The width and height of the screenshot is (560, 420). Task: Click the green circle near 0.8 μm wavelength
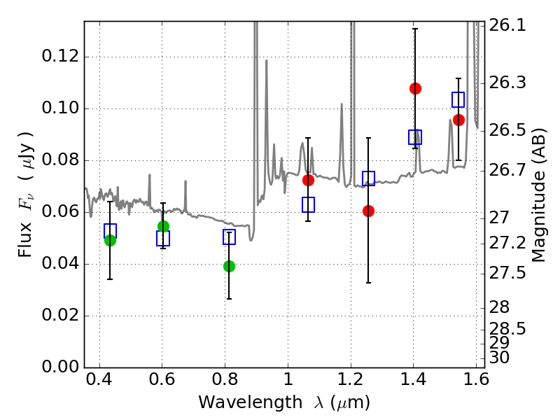coord(229,266)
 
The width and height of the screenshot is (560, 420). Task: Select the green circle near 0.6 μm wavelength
coord(163,226)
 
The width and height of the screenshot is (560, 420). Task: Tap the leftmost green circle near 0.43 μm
coord(110,240)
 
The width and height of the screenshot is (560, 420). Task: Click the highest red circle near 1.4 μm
coord(415,88)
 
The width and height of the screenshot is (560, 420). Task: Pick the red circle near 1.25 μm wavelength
coord(368,211)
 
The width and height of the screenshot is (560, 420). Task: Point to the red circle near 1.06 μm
coord(308,181)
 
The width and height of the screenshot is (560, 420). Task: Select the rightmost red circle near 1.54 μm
coord(458,120)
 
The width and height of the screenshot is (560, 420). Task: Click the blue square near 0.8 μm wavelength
coord(229,237)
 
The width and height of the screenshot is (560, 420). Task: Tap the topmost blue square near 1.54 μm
coord(458,99)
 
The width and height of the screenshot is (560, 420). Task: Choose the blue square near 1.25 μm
coord(369,178)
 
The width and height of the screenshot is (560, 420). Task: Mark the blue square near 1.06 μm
coord(308,204)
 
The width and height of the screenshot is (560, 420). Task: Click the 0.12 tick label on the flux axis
coord(60,57)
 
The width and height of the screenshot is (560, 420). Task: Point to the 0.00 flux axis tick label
coord(60,367)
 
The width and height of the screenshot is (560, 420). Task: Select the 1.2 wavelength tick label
coord(351,379)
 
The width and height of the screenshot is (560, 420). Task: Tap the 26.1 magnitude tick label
coord(507,25)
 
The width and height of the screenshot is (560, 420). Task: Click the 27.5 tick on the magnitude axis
coord(507,273)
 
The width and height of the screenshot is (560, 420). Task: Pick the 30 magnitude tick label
coord(499,358)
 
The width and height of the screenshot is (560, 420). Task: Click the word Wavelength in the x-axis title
coord(251,402)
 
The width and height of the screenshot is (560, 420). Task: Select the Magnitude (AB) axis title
coord(539,195)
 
